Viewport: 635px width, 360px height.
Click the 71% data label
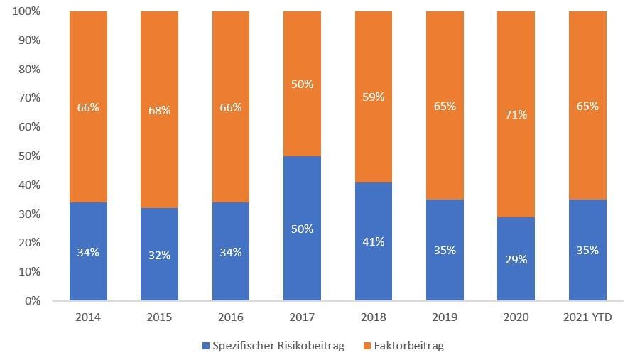click(x=516, y=114)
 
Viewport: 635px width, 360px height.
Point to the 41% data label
click(x=373, y=241)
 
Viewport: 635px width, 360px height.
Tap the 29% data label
click(x=516, y=259)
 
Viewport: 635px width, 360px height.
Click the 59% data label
click(x=373, y=97)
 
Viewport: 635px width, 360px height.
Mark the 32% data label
click(x=159, y=255)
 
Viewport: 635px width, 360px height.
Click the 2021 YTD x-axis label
click(x=587, y=317)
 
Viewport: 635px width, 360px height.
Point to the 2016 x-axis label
click(x=230, y=317)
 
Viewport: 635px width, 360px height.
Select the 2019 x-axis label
click(x=445, y=317)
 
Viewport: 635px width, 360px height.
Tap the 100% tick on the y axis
click(x=26, y=12)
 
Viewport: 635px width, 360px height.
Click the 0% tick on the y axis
click(x=32, y=301)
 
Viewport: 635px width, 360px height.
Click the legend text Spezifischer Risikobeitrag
click(x=278, y=346)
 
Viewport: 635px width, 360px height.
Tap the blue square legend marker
click(x=206, y=346)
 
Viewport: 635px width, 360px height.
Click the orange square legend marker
click(x=367, y=346)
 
